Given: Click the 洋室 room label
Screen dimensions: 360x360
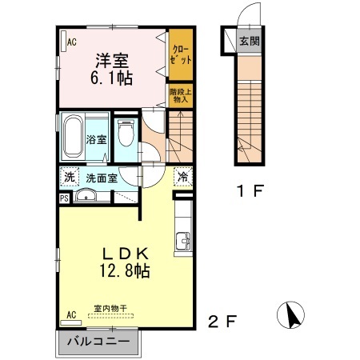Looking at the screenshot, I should [114, 58].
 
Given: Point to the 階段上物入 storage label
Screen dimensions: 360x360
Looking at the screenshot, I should [178, 95].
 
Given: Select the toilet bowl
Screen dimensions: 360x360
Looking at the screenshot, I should [125, 134].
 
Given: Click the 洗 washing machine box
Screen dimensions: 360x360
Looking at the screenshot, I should [69, 178].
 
